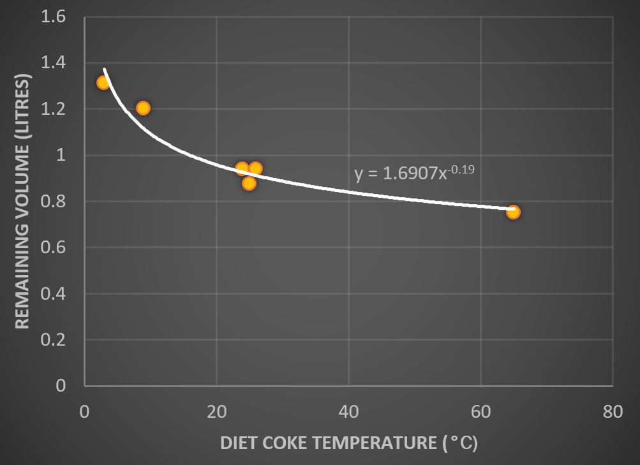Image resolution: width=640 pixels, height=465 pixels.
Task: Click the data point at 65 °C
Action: coord(513,212)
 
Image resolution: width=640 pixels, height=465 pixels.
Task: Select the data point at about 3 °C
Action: coord(103,82)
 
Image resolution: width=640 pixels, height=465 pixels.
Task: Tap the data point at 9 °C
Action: coord(143,108)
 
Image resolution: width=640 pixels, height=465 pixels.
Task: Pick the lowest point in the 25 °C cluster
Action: coord(249,183)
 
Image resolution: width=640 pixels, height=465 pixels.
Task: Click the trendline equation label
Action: coord(414,173)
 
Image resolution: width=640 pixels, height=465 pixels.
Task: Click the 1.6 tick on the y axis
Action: coord(53,17)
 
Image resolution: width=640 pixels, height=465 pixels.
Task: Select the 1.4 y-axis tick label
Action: coord(53,63)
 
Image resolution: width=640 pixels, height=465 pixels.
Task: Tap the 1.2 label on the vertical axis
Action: coord(53,109)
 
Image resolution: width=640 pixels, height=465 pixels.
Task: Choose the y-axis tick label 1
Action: coord(61,155)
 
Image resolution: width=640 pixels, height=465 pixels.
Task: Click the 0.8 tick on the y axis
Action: coord(53,202)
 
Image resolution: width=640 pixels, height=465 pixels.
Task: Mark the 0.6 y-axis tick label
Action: coord(53,247)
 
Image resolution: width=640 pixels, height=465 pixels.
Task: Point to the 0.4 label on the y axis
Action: coord(53,293)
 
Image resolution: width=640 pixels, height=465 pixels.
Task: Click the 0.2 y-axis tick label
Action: coord(53,339)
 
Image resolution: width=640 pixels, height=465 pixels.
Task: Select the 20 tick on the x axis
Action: coord(216,412)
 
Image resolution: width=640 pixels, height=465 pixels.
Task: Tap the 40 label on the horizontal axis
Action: coord(348,412)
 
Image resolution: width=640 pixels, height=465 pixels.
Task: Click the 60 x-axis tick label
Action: coord(480,412)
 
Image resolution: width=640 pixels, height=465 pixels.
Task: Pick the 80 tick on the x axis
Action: coord(613,412)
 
